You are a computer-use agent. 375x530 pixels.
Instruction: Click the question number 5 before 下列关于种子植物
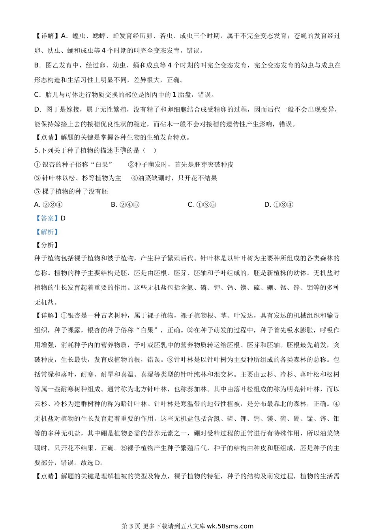36,150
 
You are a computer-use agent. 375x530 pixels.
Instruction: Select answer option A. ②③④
48,204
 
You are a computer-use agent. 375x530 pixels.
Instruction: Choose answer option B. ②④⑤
125,204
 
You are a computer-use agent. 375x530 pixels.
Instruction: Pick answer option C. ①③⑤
202,204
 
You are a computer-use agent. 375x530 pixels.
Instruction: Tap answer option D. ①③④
279,204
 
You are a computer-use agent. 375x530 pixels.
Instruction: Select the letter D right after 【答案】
63,218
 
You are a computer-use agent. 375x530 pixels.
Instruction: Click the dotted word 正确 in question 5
120,150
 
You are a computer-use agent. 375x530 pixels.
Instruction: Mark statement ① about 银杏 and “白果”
73,164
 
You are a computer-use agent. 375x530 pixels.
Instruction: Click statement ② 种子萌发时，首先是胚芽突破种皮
181,164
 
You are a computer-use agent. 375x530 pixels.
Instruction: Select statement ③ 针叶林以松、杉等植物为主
78,178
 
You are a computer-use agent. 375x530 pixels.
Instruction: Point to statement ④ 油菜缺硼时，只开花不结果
174,178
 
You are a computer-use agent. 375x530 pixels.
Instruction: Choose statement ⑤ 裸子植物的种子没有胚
71,191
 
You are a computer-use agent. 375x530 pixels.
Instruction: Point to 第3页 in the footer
131,526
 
